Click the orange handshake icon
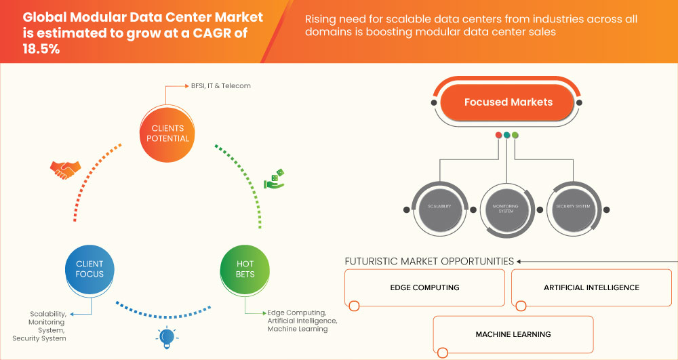coord(66,169)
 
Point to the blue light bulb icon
coord(166,336)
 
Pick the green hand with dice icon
coord(275,178)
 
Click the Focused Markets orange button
coord(508,102)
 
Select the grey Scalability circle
coord(440,206)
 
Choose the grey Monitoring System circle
coord(507,206)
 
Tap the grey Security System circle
coord(573,206)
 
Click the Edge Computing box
coord(425,287)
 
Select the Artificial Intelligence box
coord(591,287)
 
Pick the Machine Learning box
coord(513,334)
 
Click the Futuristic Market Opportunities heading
coord(429,261)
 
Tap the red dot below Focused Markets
coord(499,135)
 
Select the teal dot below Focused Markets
coord(507,135)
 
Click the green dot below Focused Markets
coord(515,135)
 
